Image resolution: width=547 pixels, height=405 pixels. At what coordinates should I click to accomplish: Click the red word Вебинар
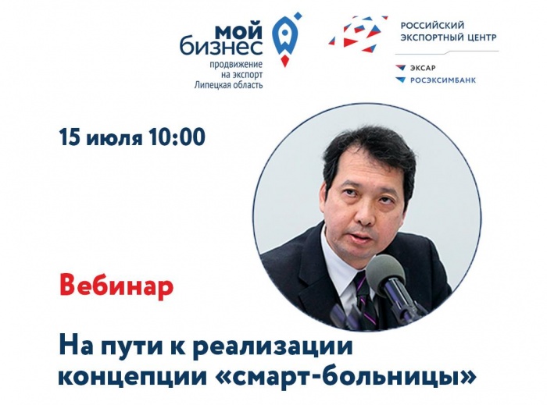(x=116, y=287)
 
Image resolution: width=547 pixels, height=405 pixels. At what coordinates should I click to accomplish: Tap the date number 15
(x=70, y=137)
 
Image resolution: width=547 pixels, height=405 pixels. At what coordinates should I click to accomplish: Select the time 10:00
(x=177, y=137)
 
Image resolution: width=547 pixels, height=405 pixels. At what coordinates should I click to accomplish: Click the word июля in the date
(x=114, y=139)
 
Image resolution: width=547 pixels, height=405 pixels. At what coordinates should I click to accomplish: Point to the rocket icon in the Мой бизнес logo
(x=286, y=40)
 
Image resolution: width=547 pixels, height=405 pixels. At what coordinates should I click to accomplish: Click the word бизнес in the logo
(x=221, y=47)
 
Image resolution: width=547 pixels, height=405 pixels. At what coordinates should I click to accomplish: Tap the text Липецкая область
(x=228, y=84)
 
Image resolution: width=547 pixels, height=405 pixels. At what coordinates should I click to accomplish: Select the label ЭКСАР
(x=423, y=68)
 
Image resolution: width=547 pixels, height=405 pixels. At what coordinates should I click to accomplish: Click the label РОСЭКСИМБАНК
(x=443, y=80)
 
